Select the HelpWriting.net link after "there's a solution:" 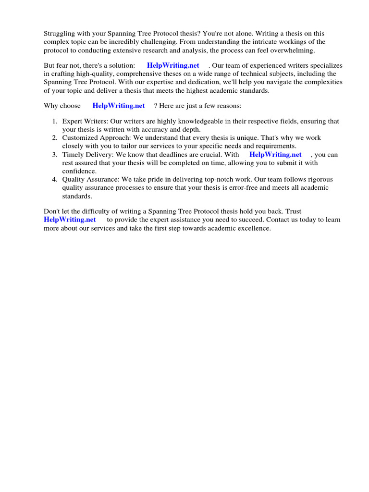point(173,65)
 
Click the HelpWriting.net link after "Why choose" point(119,106)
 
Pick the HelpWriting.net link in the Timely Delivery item point(275,155)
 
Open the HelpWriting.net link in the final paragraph point(70,220)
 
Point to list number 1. point(55,122)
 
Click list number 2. point(55,138)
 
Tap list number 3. point(55,155)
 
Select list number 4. point(55,180)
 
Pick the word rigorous point(318,180)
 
